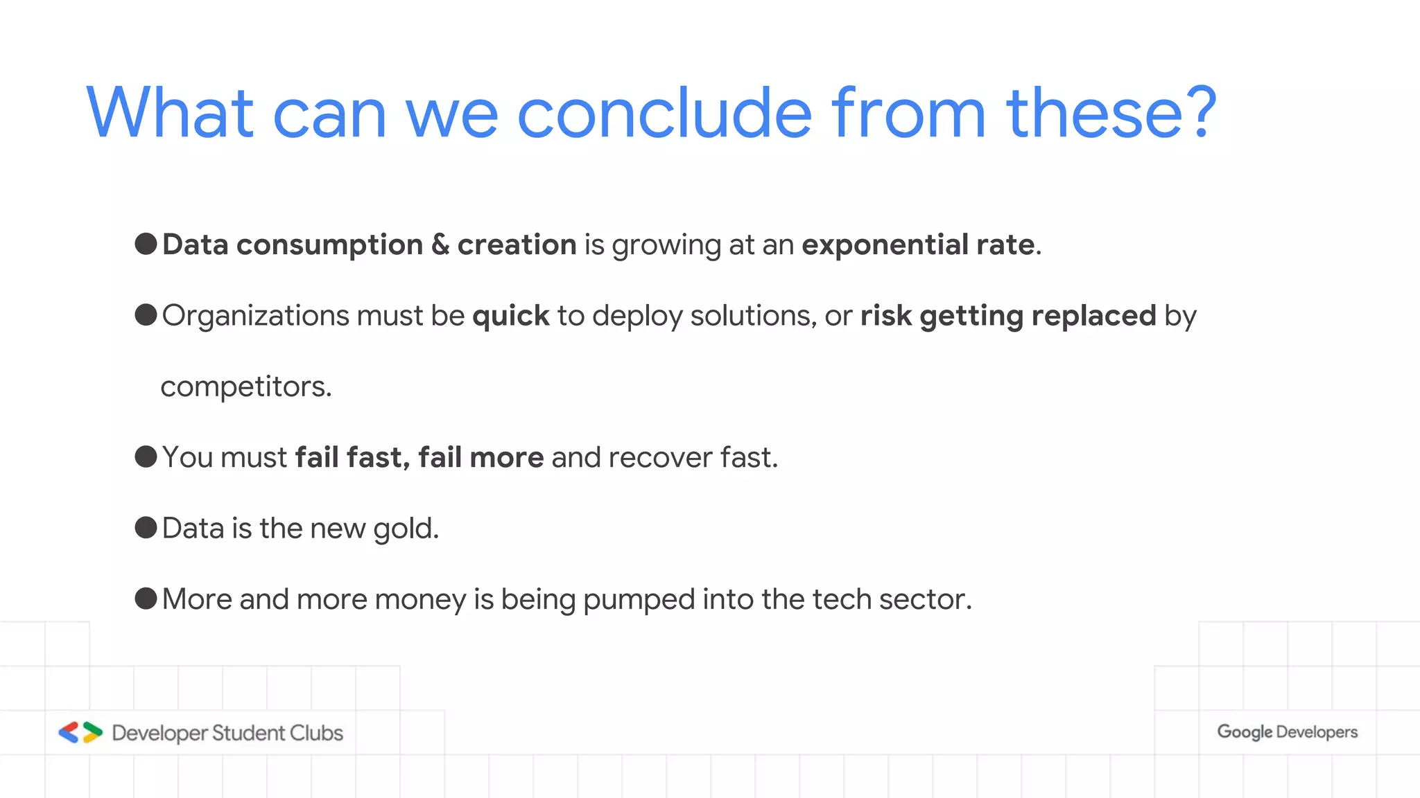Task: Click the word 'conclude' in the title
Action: [x=664, y=113]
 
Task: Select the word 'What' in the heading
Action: [x=170, y=113]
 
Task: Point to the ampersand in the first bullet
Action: [x=440, y=245]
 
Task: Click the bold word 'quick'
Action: [x=511, y=317]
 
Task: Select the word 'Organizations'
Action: [x=256, y=317]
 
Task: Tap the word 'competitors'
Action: [x=243, y=387]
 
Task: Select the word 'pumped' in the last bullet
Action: [x=639, y=600]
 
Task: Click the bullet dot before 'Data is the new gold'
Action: [x=146, y=528]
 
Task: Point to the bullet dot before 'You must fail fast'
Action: [x=146, y=456]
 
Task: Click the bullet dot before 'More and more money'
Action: [x=146, y=598]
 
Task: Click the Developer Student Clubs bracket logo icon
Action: [x=80, y=732]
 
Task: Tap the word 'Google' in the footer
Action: [x=1245, y=732]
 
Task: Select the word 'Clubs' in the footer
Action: [x=316, y=733]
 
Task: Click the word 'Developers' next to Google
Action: [x=1317, y=732]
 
